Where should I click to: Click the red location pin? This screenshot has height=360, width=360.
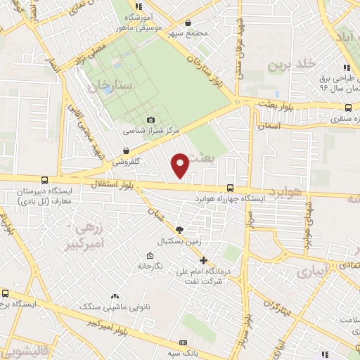(x=181, y=165)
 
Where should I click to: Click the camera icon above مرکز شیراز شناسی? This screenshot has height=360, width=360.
(x=151, y=120)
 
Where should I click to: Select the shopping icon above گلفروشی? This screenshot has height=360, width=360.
(x=126, y=150)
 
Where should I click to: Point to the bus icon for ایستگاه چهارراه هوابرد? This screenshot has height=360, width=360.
(x=231, y=188)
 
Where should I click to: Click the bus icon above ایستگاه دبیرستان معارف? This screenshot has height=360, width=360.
(x=45, y=181)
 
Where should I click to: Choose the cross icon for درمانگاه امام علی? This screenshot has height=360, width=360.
(x=203, y=260)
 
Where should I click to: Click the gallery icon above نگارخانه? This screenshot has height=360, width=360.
(x=150, y=255)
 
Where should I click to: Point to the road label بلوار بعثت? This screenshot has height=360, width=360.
(x=295, y=106)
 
